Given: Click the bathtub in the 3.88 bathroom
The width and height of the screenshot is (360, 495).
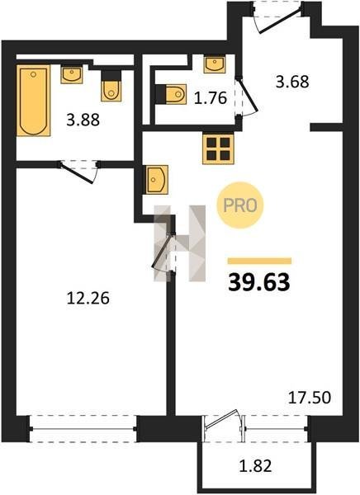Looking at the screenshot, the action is point(33,101).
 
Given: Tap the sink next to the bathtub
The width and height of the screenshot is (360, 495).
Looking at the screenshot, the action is point(72,74).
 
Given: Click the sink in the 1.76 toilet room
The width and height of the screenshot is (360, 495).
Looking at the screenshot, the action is point(215,64).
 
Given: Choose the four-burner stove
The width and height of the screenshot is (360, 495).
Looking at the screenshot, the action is point(218,148).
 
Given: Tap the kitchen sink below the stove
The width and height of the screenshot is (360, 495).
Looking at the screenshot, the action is point(157,179).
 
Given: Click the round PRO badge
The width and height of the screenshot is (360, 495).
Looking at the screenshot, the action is point(240,205).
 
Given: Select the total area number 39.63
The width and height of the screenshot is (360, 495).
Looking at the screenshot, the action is point(259,282).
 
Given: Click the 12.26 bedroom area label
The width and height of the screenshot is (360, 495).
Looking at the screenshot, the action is point(88,298).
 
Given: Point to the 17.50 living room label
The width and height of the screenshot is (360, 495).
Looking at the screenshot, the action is point(310,398).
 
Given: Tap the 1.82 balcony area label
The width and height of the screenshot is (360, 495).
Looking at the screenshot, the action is point(255,465).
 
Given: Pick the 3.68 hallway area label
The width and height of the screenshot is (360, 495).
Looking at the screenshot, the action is point(292,82).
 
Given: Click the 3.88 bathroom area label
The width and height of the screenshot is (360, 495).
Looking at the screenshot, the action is point(83,120).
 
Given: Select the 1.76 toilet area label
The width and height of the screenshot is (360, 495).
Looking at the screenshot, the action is point(211,98).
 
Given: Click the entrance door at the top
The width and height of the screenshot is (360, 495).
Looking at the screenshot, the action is point(278,19).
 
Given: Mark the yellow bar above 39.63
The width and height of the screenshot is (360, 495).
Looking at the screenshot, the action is point(259,261).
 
